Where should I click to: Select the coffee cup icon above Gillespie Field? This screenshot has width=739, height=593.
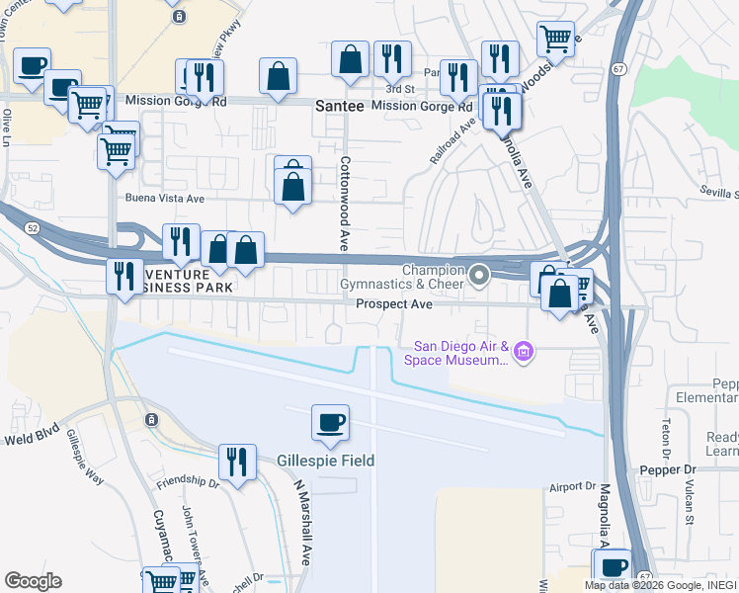330,423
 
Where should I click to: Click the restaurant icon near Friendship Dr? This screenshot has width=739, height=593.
237,462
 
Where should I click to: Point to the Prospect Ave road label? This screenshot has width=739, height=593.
394,304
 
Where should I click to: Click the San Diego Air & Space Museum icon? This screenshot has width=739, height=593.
524,351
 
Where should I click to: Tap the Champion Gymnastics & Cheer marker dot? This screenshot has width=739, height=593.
479,276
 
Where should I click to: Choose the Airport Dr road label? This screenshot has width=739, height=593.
573,486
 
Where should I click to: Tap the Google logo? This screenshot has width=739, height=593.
33,581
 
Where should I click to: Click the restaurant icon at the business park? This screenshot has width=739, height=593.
123,276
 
